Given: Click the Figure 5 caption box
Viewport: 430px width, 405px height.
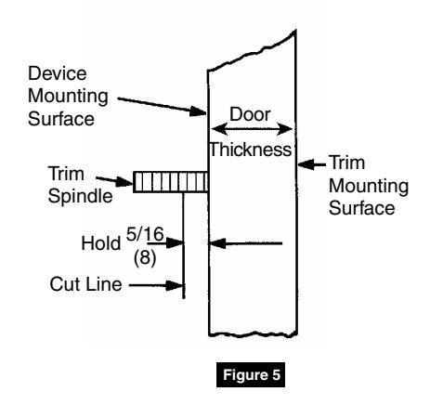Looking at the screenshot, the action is (251, 374).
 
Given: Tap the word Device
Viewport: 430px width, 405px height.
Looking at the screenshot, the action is (58, 73).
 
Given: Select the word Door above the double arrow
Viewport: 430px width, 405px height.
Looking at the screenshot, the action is (250, 114).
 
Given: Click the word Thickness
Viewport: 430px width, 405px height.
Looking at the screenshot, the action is (251, 150).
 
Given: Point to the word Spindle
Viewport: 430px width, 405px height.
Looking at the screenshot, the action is (80, 197).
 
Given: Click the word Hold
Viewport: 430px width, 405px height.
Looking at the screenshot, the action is (101, 243).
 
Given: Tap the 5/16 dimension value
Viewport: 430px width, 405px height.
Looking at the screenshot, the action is (145, 234).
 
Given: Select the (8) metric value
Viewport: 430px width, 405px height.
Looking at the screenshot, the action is (145, 257).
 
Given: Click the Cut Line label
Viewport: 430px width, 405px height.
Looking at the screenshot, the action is (85, 284).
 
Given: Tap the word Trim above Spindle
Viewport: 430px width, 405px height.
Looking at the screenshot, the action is (66, 174).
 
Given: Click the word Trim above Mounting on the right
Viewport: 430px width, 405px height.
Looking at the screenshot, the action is (347, 163).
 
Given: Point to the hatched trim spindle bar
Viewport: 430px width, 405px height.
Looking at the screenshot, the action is (171, 182).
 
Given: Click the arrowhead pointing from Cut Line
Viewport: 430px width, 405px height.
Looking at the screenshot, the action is (175, 285).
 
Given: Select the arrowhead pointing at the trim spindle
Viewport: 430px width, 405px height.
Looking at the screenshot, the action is (124, 182).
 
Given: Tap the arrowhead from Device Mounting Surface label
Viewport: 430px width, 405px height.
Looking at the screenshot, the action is (198, 111).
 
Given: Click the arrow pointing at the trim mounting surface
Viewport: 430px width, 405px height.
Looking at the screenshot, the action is (312, 164).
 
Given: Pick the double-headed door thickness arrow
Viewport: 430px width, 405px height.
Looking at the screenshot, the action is (252, 129).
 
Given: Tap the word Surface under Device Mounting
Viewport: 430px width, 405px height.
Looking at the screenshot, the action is (61, 119).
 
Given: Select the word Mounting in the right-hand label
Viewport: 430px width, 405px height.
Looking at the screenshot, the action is (369, 187).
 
